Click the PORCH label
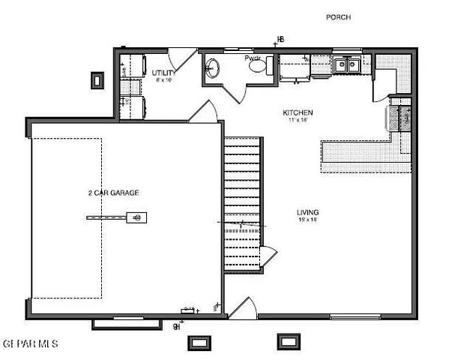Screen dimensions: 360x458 (338, 16)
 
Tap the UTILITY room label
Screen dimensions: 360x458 (164, 73)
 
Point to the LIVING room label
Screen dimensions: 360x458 (308, 212)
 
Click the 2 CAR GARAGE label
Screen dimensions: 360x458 (113, 193)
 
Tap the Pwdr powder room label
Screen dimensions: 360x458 (253, 58)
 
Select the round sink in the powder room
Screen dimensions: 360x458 (212, 69)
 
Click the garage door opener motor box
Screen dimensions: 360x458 (138, 217)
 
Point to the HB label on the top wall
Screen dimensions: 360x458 (281, 40)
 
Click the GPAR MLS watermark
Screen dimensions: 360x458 (30, 343)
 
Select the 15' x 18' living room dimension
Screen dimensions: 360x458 (308, 220)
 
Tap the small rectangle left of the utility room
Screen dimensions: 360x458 (97, 79)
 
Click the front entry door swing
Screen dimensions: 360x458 (241, 307)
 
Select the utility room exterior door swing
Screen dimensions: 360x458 (181, 58)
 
